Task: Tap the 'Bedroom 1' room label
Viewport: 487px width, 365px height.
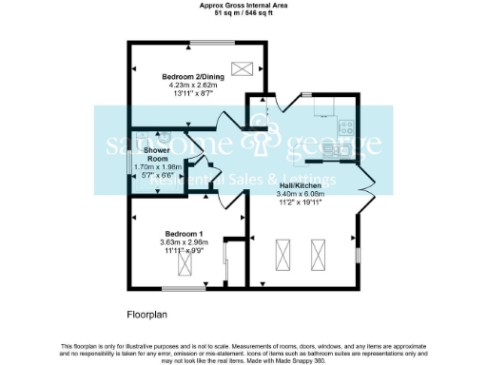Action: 184,234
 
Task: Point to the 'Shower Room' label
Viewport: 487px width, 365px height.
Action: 156,154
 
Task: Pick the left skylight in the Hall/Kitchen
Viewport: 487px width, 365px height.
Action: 282,255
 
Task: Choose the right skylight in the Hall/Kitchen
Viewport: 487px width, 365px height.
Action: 317,255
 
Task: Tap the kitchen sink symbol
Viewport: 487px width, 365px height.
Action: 342,148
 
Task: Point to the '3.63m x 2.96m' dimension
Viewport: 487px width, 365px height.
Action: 184,242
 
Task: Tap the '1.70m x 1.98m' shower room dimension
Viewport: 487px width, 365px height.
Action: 156,167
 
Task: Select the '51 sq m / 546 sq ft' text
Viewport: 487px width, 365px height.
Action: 243,13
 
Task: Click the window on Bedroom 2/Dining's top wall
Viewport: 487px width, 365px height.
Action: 206,42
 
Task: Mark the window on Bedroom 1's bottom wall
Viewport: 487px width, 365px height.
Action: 183,287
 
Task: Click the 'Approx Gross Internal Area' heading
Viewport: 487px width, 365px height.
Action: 243,5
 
